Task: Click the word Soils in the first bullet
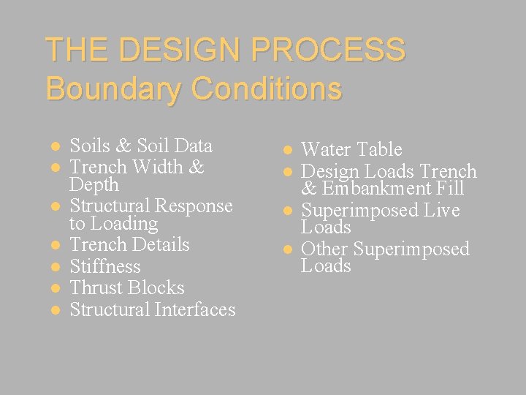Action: point(89,146)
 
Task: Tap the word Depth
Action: point(94,185)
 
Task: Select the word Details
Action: point(159,245)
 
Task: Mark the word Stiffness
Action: point(105,266)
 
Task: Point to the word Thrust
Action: point(96,287)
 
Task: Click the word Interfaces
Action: point(195,309)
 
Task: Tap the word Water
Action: point(326,150)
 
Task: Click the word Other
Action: point(324,249)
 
